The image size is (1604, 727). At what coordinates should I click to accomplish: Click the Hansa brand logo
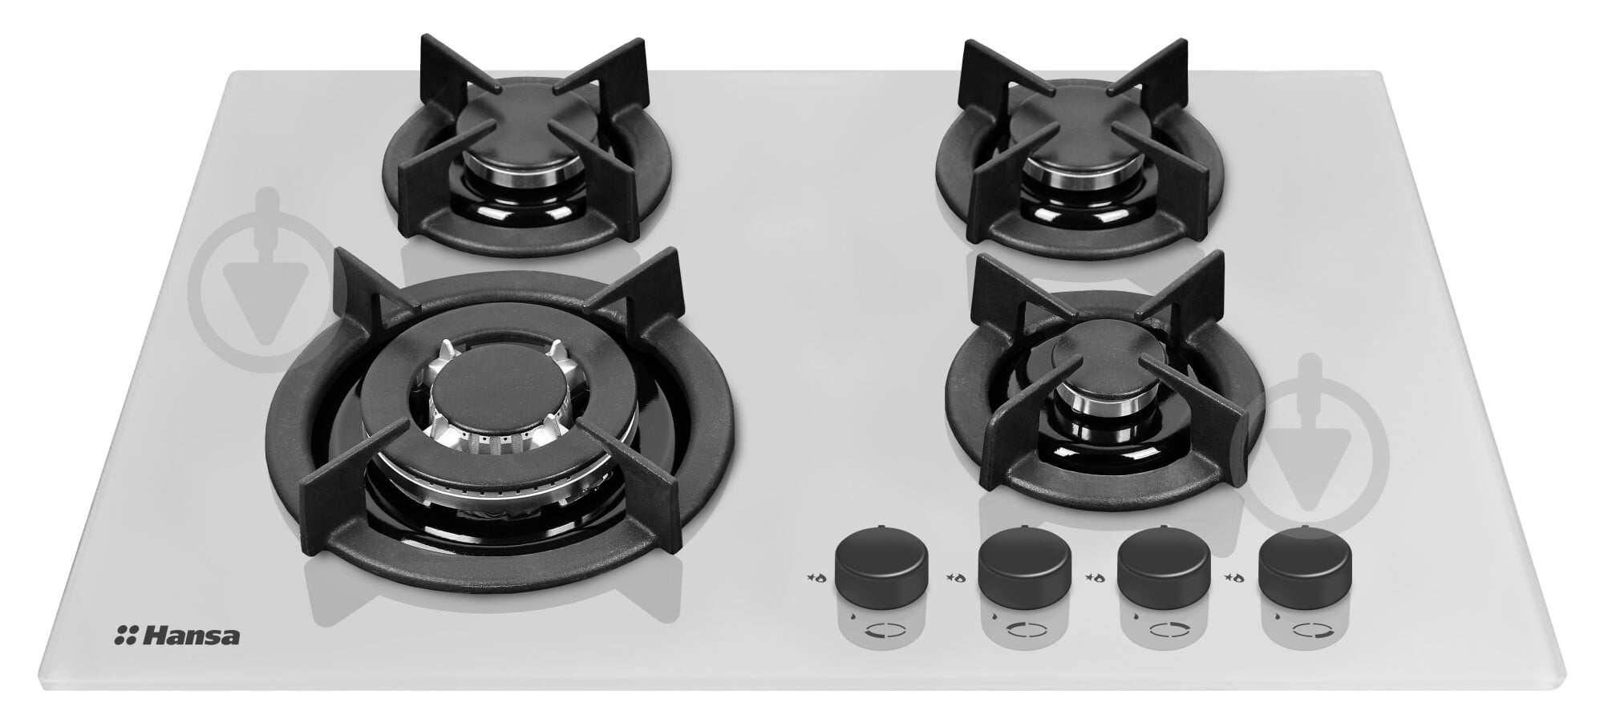tap(177, 636)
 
